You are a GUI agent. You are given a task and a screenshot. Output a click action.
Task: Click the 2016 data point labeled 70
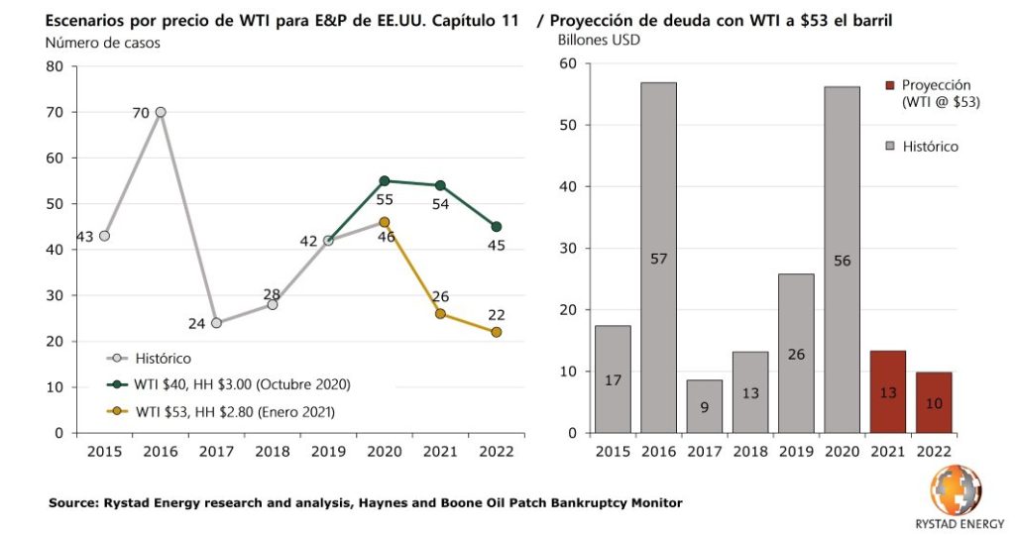point(161,112)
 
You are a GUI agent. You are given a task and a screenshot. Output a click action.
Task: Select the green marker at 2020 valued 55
point(385,180)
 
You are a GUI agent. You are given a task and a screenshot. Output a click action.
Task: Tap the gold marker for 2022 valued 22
point(496,332)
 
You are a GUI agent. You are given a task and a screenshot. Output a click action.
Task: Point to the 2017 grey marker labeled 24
point(216,323)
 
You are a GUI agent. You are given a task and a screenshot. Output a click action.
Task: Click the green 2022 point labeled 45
point(496,226)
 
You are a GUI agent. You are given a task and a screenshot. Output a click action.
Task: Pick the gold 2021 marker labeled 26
point(440,313)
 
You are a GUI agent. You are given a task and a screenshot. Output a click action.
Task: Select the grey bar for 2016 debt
point(658,258)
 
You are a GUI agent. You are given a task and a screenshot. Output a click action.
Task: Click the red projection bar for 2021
point(888,391)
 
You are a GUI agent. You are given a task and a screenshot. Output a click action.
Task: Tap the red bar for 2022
point(934,402)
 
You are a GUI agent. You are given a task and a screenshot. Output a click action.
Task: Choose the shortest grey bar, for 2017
point(705,406)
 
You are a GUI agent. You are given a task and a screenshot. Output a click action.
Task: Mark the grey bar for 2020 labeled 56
point(842,260)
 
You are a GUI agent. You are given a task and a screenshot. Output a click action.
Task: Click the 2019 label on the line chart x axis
point(327,452)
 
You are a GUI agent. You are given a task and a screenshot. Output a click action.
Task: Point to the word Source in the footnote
point(73,503)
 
